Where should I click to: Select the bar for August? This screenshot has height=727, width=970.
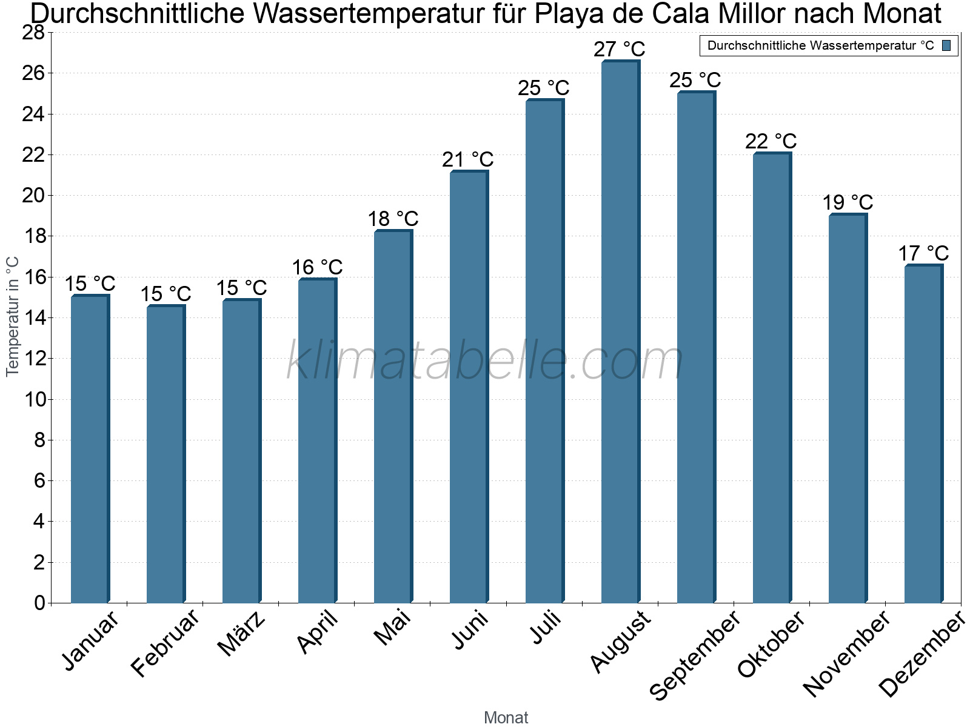[x=620, y=333]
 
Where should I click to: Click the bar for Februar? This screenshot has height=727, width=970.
[x=165, y=454]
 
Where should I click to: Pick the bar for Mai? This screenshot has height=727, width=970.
[x=392, y=418]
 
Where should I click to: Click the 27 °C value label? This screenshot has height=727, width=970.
[x=619, y=49]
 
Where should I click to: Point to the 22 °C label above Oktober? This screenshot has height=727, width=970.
[x=771, y=141]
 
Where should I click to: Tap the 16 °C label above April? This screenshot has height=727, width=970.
[x=317, y=267]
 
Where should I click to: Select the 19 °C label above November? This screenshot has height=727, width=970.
[x=848, y=202]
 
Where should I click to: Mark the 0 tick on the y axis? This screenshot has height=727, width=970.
[x=39, y=603]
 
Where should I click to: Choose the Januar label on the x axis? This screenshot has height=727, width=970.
[x=91, y=642]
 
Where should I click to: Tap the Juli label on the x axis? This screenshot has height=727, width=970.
[x=546, y=628]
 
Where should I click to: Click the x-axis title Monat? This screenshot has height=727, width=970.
[x=506, y=718]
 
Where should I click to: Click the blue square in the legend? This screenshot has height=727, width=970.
[x=946, y=45]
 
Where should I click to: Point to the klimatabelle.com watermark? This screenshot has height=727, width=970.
[x=485, y=361]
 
